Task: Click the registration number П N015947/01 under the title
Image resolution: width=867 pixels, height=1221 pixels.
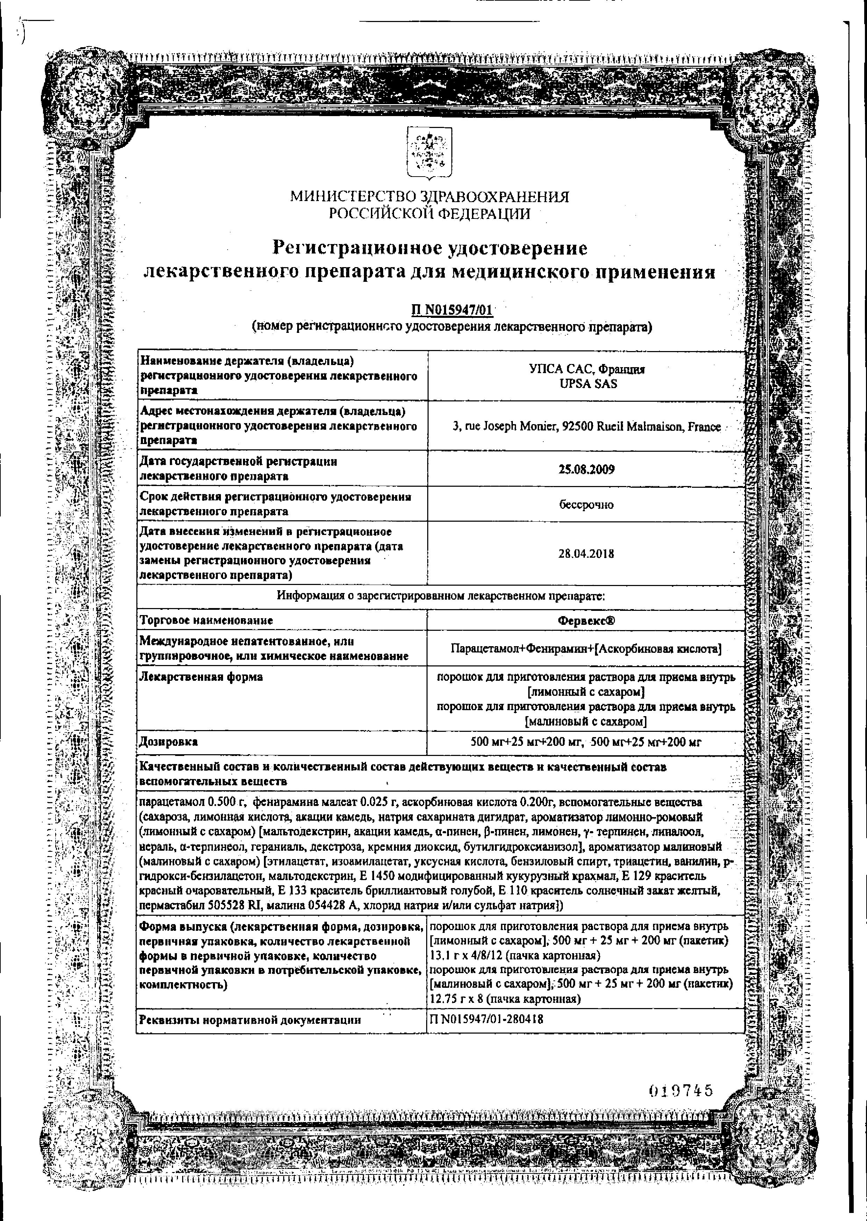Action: click(452, 310)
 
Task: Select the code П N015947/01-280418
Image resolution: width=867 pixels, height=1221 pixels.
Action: click(486, 1019)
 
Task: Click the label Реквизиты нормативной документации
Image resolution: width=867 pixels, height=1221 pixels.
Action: click(250, 1020)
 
